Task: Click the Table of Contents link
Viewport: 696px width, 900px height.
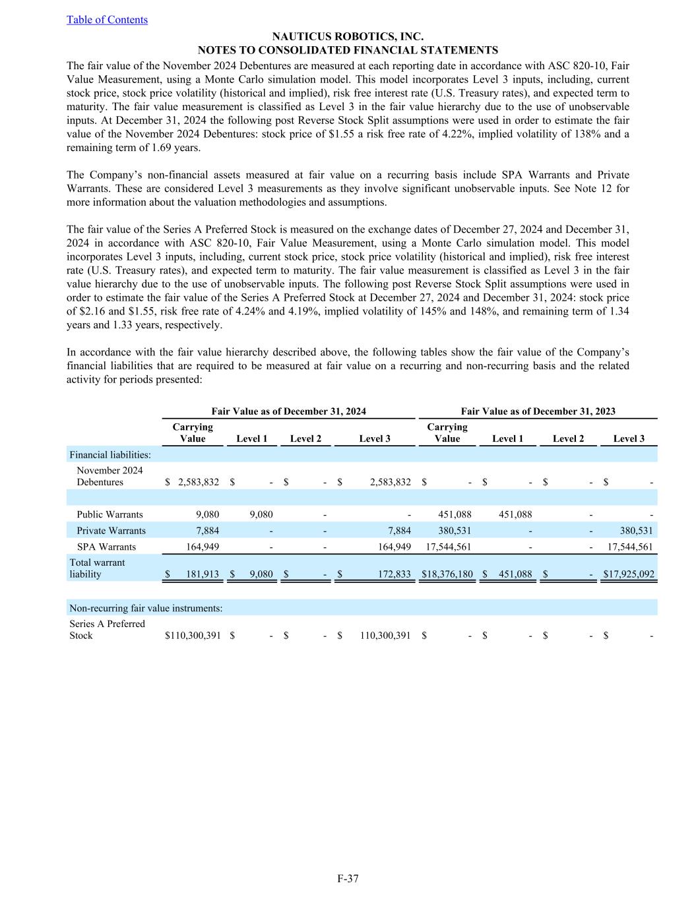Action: [107, 20]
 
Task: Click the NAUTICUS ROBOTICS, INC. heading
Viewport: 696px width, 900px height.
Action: [348, 37]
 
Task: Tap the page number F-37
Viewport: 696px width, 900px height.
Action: [348, 878]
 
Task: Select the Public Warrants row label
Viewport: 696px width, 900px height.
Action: [110, 514]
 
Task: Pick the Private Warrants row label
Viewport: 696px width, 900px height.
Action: [111, 531]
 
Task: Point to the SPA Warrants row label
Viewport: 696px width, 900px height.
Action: [106, 547]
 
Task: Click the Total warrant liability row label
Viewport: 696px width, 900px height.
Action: [97, 568]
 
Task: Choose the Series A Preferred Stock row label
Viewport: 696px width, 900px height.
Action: [107, 630]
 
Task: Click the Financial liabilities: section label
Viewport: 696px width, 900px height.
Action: [110, 455]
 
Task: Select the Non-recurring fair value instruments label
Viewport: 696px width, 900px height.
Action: [146, 608]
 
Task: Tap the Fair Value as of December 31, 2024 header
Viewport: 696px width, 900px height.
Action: [288, 411]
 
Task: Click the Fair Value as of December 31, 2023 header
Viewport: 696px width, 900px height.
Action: [538, 411]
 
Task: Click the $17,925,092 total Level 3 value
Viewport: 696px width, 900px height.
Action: [629, 574]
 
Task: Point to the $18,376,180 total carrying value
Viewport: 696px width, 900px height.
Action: [447, 574]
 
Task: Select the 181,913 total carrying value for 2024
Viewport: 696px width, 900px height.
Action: [202, 574]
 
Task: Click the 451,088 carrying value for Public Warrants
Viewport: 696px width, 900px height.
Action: [455, 514]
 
